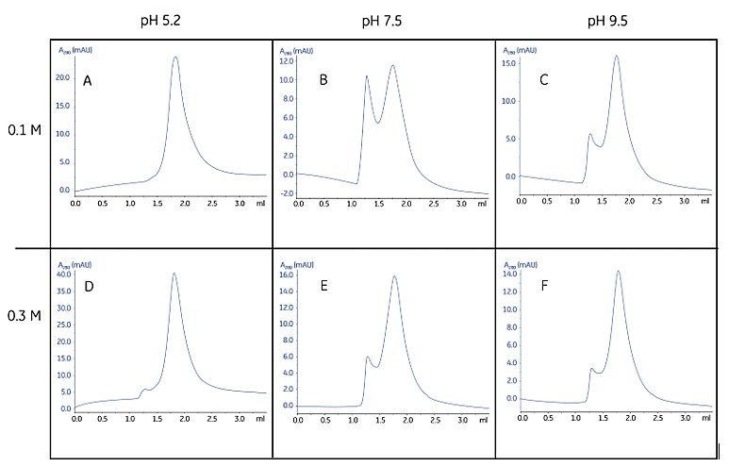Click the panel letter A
click(88, 82)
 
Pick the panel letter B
click(323, 81)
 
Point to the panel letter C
click(544, 81)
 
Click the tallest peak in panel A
click(175, 58)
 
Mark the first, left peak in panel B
click(367, 76)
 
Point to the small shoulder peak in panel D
click(144, 389)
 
